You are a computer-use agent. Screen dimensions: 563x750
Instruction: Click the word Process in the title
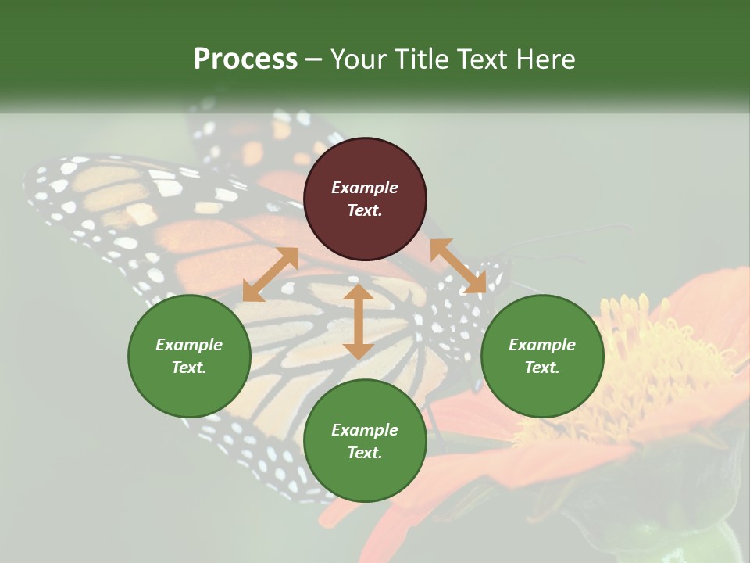[245, 59]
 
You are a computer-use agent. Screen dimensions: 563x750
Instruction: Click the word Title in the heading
[418, 59]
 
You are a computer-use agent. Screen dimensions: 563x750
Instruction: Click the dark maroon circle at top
[365, 199]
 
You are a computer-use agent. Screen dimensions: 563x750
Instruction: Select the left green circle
[189, 356]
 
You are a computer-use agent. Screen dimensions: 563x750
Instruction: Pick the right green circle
[542, 356]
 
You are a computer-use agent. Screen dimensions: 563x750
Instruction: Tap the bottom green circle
[365, 441]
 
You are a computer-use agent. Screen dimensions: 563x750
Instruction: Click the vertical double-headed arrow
[359, 321]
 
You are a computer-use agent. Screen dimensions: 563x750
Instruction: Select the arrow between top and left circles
[270, 274]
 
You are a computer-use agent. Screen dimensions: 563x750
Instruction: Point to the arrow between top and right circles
[458, 266]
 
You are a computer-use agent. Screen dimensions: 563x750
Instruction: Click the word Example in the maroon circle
[365, 188]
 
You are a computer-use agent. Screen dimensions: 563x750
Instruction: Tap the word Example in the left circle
[189, 345]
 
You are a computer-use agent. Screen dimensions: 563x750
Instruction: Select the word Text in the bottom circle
[365, 453]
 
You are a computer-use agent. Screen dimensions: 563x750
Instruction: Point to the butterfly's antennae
[570, 238]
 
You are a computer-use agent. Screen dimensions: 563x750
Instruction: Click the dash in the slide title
[314, 59]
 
